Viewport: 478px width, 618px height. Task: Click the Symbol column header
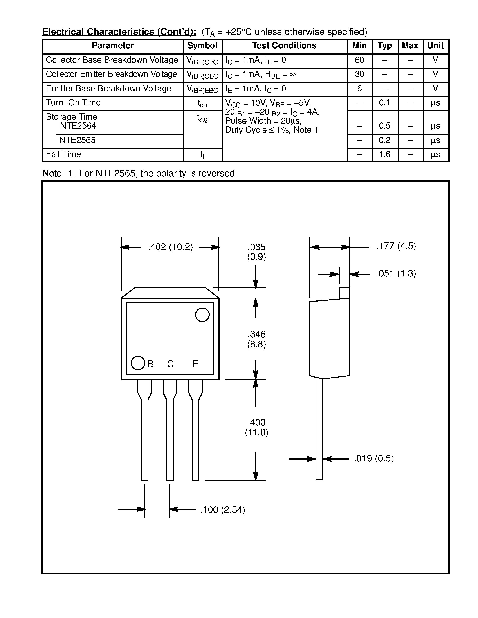[x=202, y=46]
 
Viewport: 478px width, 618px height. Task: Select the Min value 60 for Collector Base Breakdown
[x=359, y=60]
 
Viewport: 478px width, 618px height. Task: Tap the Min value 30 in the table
[x=359, y=74]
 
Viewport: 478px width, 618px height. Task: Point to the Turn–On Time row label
[x=73, y=102]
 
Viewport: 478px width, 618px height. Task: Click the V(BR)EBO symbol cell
[x=202, y=89]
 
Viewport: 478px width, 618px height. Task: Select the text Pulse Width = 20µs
[x=263, y=121]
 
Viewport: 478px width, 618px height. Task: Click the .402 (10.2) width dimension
[x=170, y=247]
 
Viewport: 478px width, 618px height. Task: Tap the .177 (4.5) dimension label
[x=396, y=246]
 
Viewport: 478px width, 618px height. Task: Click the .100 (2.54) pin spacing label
[x=222, y=510]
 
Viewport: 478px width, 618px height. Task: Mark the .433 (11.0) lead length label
[x=256, y=427]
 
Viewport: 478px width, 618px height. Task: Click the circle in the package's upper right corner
[x=202, y=315]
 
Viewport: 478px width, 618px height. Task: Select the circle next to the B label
[x=138, y=363]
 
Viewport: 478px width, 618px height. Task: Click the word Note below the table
[x=52, y=173]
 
